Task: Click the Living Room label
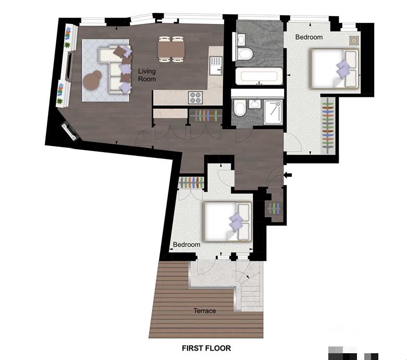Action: point(146,75)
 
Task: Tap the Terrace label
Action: point(204,311)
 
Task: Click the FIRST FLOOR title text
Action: point(206,348)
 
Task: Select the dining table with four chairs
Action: point(171,49)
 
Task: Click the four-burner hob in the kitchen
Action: point(195,97)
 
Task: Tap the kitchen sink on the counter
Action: point(215,64)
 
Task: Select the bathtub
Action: point(259,77)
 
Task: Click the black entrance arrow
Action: point(288,174)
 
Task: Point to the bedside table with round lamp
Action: point(354,41)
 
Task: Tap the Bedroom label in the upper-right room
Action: point(309,37)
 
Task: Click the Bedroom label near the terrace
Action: point(187,244)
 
